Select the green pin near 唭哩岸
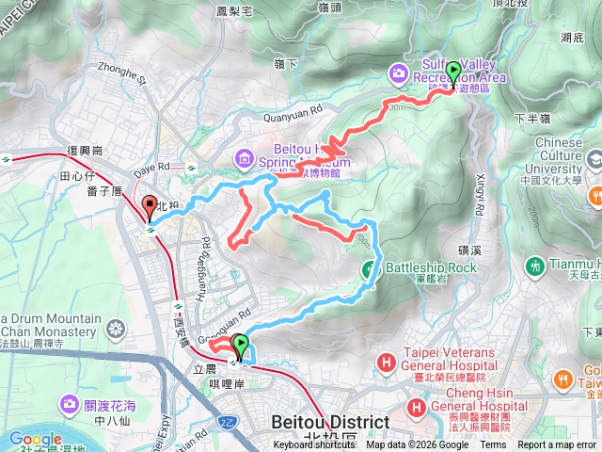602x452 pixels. tap(241, 347)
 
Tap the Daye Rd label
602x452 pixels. tap(151, 170)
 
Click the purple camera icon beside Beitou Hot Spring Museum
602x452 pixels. tap(245, 157)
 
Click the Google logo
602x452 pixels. tap(35, 439)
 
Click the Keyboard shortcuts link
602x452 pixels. tap(316, 445)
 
